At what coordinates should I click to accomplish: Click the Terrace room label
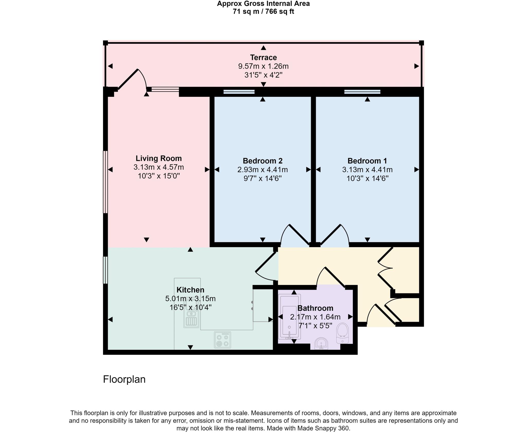[263, 57]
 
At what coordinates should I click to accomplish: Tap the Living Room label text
[159, 158]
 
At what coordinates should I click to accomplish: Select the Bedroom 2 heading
[262, 161]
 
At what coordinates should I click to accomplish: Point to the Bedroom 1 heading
[367, 161]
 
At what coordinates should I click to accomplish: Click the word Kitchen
[190, 290]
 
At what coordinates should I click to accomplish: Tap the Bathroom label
[315, 308]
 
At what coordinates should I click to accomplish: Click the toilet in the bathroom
[342, 333]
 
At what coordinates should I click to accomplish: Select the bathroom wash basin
[321, 344]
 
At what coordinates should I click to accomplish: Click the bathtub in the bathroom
[289, 317]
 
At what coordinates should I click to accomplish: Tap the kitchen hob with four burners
[222, 340]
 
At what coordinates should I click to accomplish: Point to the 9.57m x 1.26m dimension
[263, 66]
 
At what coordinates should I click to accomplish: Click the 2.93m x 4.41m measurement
[262, 170]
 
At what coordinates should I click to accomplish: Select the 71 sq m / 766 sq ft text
[263, 12]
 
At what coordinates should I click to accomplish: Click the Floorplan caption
[124, 379]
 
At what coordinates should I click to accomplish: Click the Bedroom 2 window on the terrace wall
[239, 92]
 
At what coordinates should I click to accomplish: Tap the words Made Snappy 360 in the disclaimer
[323, 428]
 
